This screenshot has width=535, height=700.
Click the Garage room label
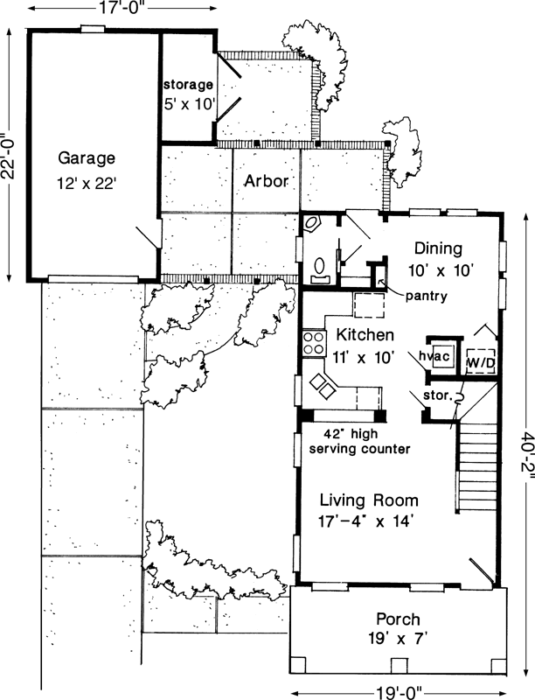coord(87,158)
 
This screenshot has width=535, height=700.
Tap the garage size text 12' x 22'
coord(87,185)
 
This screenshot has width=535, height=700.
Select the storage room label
coord(188,85)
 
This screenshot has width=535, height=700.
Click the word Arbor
coord(267,181)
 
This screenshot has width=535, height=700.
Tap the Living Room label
coord(368,501)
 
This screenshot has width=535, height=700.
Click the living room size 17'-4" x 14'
coord(366,522)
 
